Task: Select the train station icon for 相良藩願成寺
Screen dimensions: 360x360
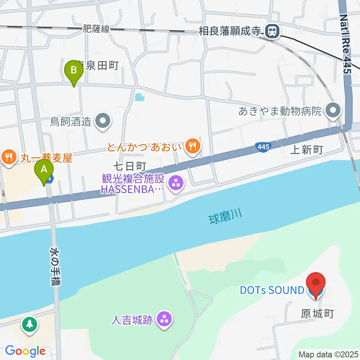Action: click(x=271, y=31)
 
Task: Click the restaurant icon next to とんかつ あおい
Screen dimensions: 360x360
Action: click(x=193, y=146)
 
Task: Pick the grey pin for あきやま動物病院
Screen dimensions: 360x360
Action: click(x=333, y=111)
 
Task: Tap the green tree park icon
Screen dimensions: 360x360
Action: click(x=29, y=325)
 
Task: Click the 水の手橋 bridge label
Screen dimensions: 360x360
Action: click(x=55, y=266)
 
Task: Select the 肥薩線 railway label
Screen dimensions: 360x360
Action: click(x=96, y=29)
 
